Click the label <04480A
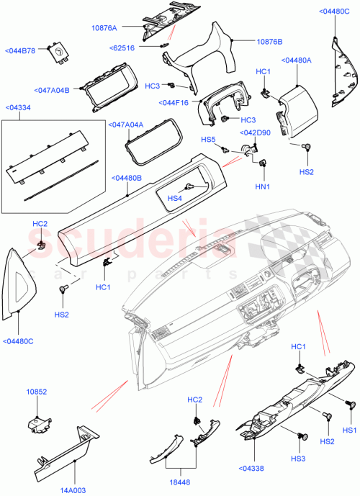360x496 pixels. pyautogui.click(x=297, y=60)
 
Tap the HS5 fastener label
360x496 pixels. pyautogui.click(x=208, y=139)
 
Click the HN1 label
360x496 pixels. pyautogui.click(x=263, y=186)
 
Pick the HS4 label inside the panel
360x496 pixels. pyautogui.click(x=174, y=198)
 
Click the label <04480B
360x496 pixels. pyautogui.click(x=127, y=177)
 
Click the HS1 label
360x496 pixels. pyautogui.click(x=349, y=430)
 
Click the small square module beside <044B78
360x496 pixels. pyautogui.click(x=57, y=52)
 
